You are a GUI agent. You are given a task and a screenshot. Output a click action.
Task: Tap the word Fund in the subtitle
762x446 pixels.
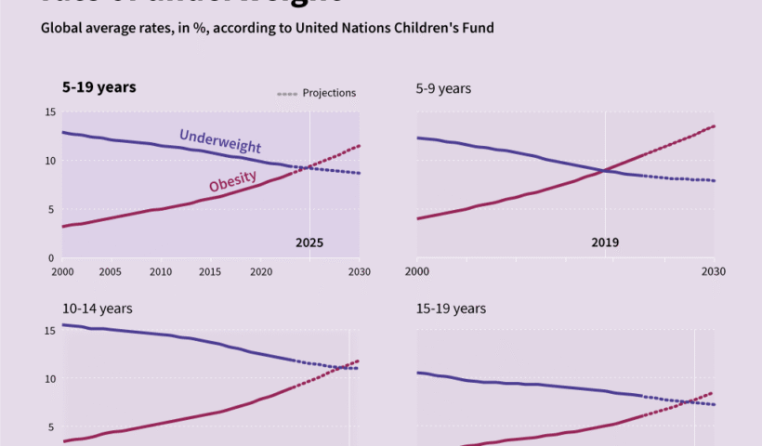[479, 28]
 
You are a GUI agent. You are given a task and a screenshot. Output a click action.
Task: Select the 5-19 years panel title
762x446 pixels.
[99, 87]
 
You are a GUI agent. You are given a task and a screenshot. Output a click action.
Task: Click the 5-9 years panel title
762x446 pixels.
[443, 88]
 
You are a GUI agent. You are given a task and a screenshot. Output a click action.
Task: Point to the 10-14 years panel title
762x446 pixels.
[98, 308]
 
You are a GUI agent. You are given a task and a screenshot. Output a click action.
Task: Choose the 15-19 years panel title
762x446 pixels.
[451, 308]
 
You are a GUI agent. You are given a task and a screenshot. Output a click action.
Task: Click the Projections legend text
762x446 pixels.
[329, 93]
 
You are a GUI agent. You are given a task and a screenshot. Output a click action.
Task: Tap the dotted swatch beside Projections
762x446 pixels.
[287, 94]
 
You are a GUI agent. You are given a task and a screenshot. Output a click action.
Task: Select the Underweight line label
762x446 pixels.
[220, 140]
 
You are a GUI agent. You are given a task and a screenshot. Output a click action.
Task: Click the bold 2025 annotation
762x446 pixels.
[309, 243]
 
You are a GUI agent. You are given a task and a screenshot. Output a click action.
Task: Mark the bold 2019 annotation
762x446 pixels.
[605, 243]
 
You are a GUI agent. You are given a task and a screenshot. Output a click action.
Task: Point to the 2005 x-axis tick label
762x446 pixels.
[110, 271]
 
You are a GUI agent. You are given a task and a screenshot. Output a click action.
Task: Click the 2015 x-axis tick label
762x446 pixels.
[210, 271]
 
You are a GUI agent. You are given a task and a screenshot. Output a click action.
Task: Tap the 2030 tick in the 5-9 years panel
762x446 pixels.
[714, 271]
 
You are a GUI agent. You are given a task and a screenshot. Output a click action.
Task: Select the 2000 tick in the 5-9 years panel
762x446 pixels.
[417, 271]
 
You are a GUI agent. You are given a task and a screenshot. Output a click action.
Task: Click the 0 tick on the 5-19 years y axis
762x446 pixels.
[52, 257]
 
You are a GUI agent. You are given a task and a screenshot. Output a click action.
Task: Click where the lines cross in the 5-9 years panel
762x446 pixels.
[605, 170]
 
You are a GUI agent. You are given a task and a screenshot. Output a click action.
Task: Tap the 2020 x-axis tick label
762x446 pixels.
[260, 271]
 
